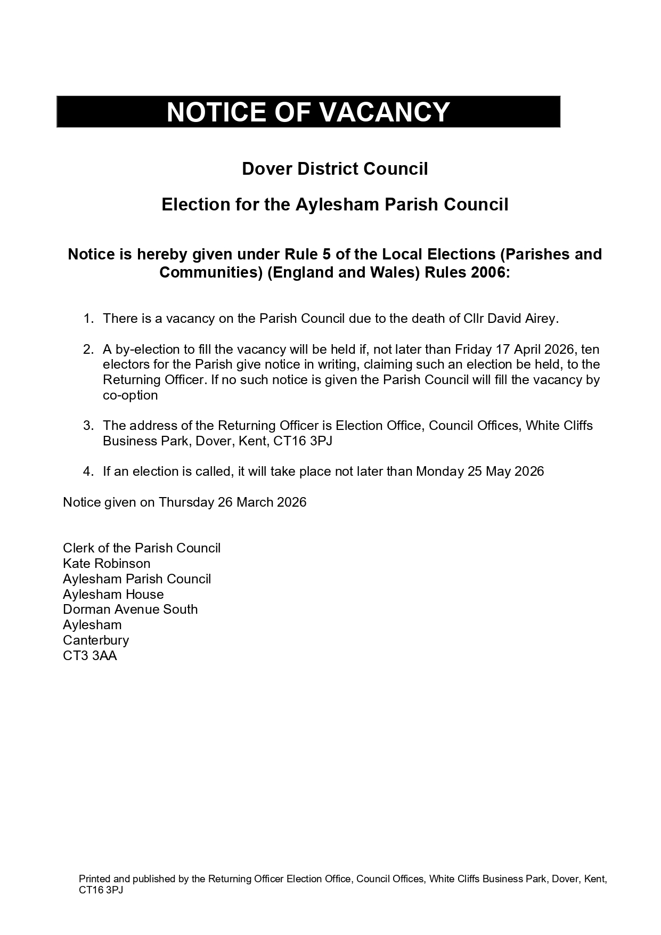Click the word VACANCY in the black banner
(384, 112)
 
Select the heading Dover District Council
(334, 169)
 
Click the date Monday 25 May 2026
(480, 471)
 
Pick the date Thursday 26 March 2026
(232, 502)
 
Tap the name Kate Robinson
(107, 564)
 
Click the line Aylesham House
(113, 595)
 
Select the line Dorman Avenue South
(130, 609)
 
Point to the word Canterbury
(96, 640)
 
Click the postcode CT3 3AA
(89, 656)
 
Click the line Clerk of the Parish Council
(142, 548)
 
